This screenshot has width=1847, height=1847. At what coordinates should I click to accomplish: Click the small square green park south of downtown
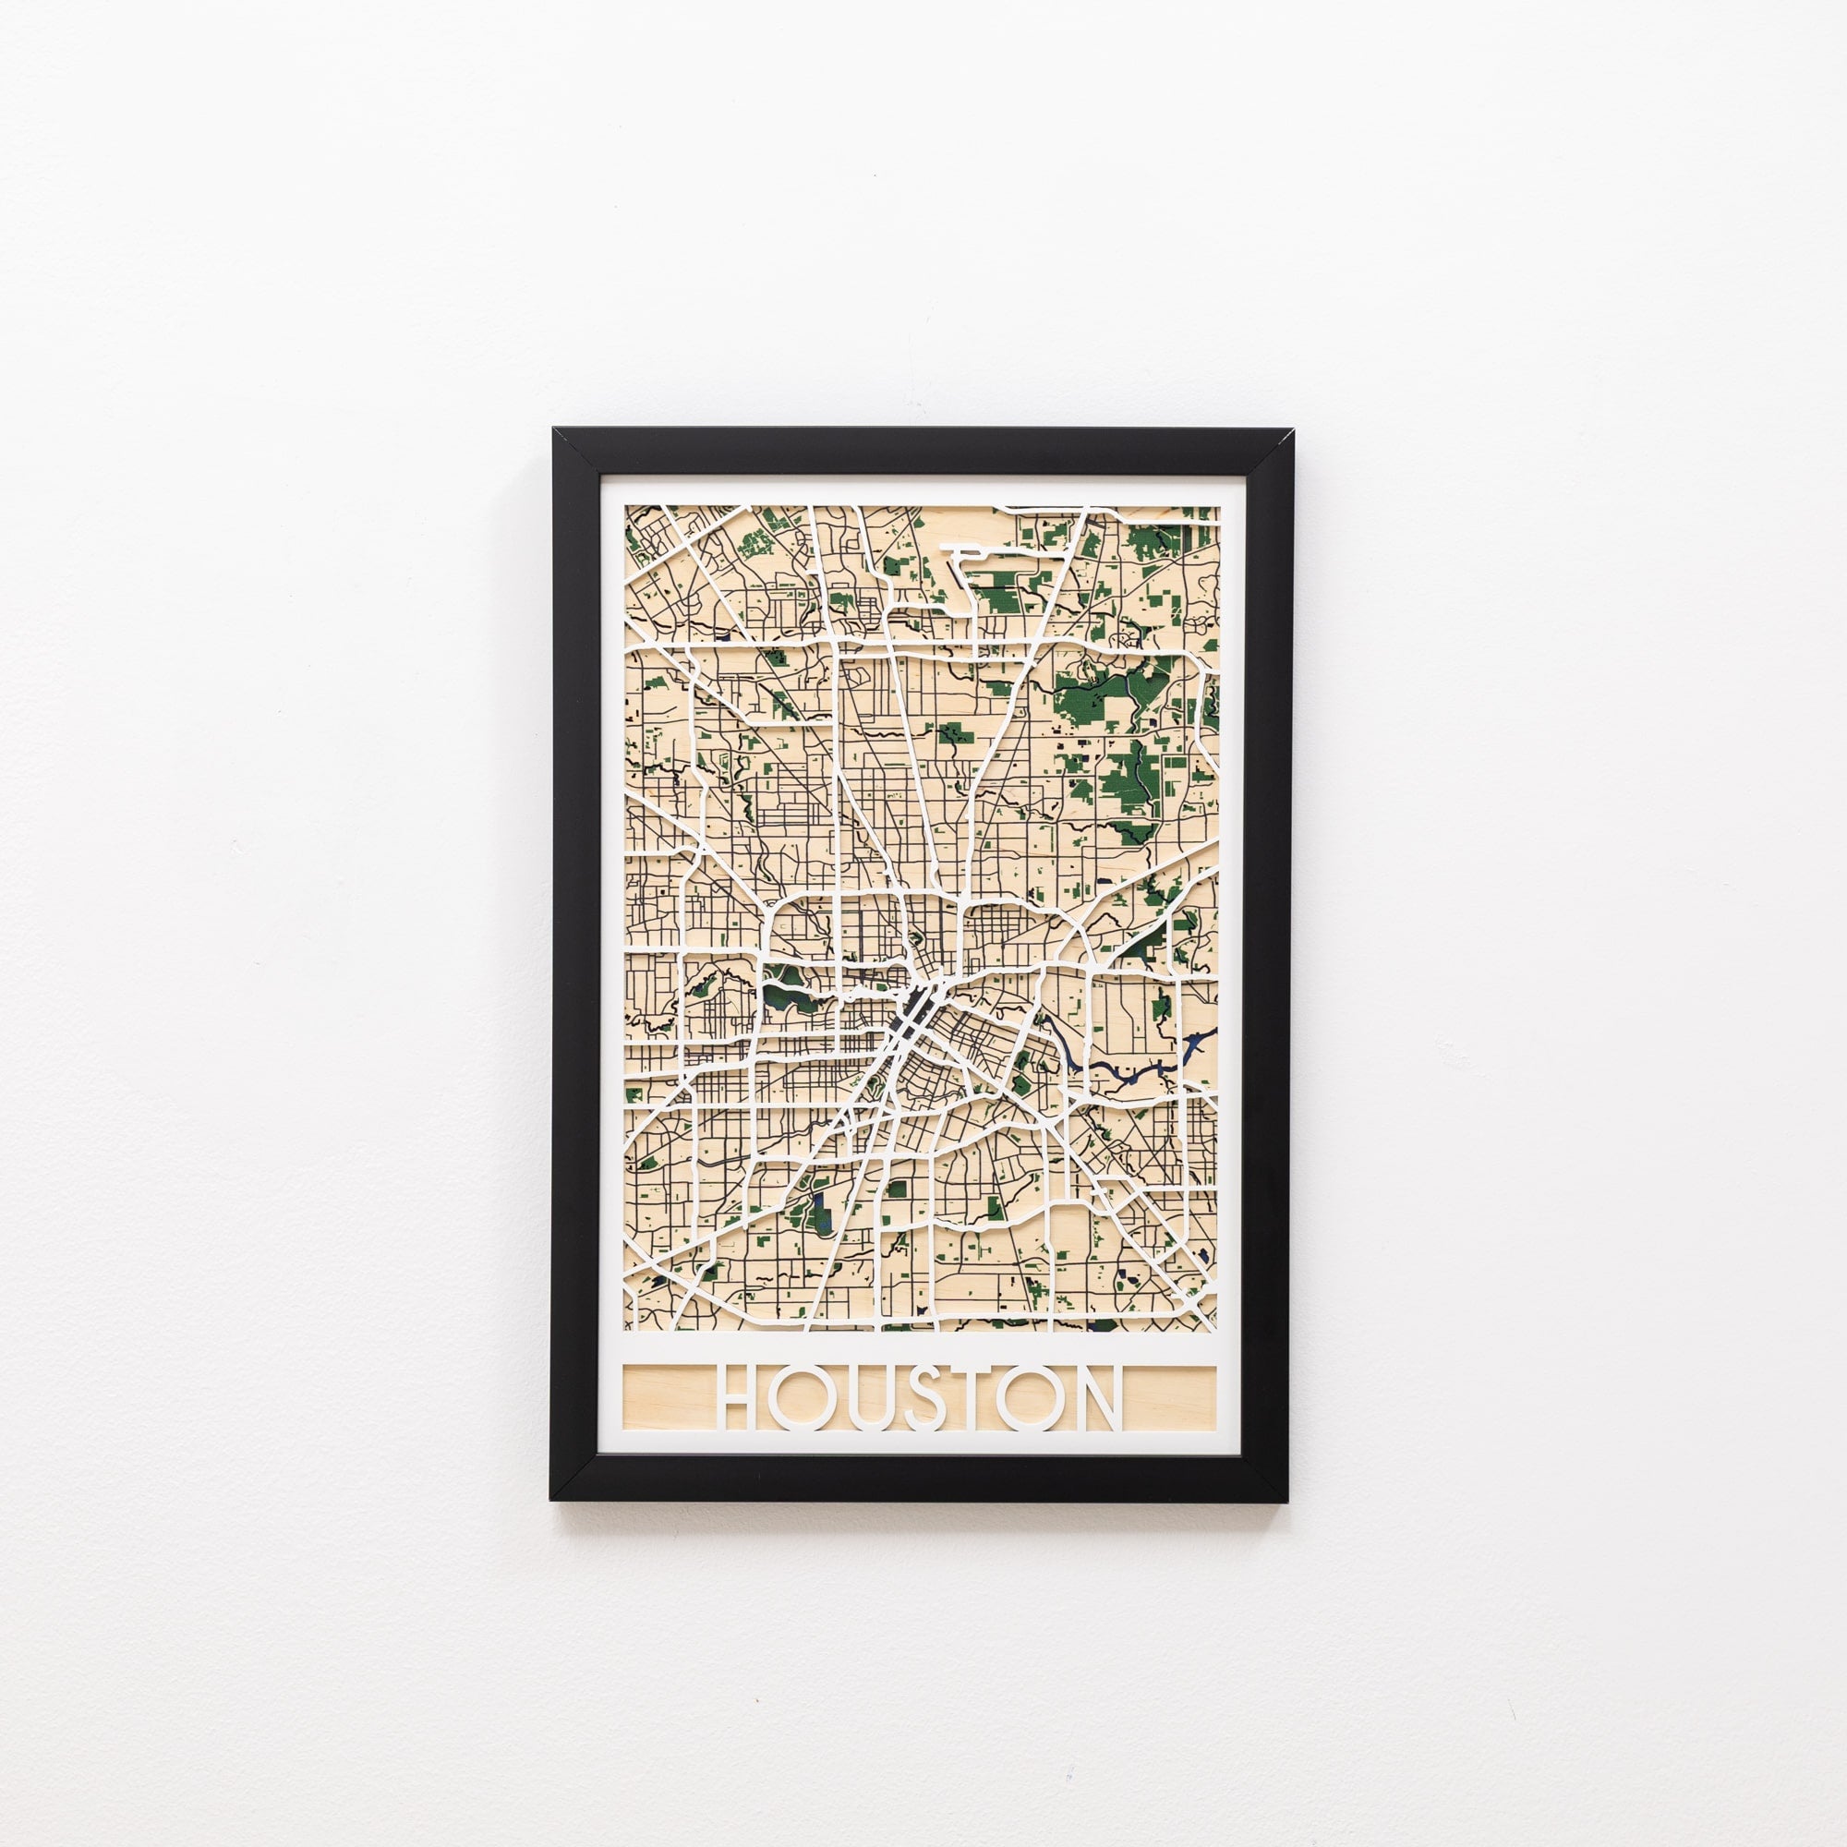click(x=897, y=1189)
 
